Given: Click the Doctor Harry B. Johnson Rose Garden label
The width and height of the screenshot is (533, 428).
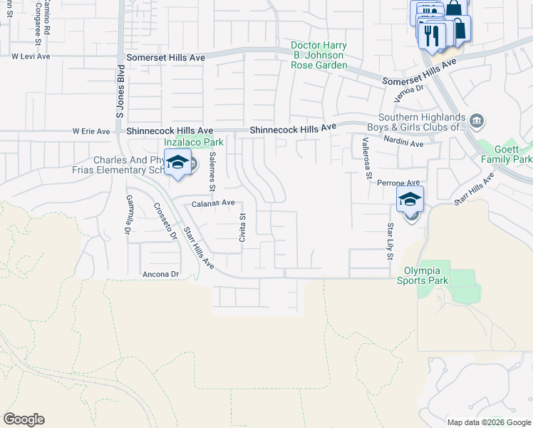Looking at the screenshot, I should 319,56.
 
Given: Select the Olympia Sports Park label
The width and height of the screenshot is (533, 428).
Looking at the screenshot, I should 426,275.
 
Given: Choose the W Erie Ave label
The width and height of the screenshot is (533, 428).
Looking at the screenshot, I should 91,131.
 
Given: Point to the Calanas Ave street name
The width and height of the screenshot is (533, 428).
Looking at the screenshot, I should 213,203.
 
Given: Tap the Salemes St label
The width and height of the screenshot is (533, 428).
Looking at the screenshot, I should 211,174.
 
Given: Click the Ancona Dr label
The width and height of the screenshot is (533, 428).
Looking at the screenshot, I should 160,274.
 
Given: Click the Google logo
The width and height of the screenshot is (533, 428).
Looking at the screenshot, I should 24,419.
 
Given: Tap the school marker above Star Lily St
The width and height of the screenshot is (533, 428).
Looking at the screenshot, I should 410,200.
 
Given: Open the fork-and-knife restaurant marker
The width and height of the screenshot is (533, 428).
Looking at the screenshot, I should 431,36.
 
